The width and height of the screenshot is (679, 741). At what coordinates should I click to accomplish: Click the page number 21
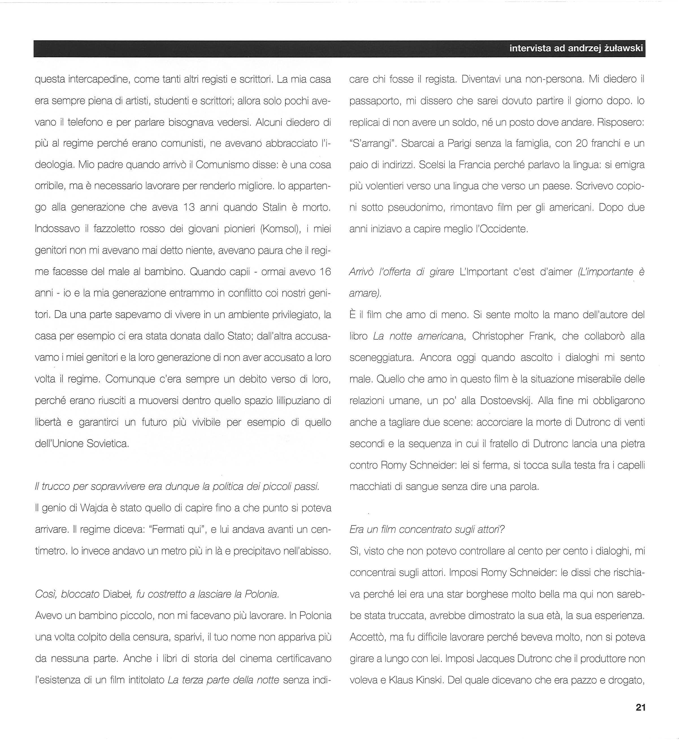point(640,718)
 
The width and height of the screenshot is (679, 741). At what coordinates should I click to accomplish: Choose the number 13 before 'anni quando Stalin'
point(189,208)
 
